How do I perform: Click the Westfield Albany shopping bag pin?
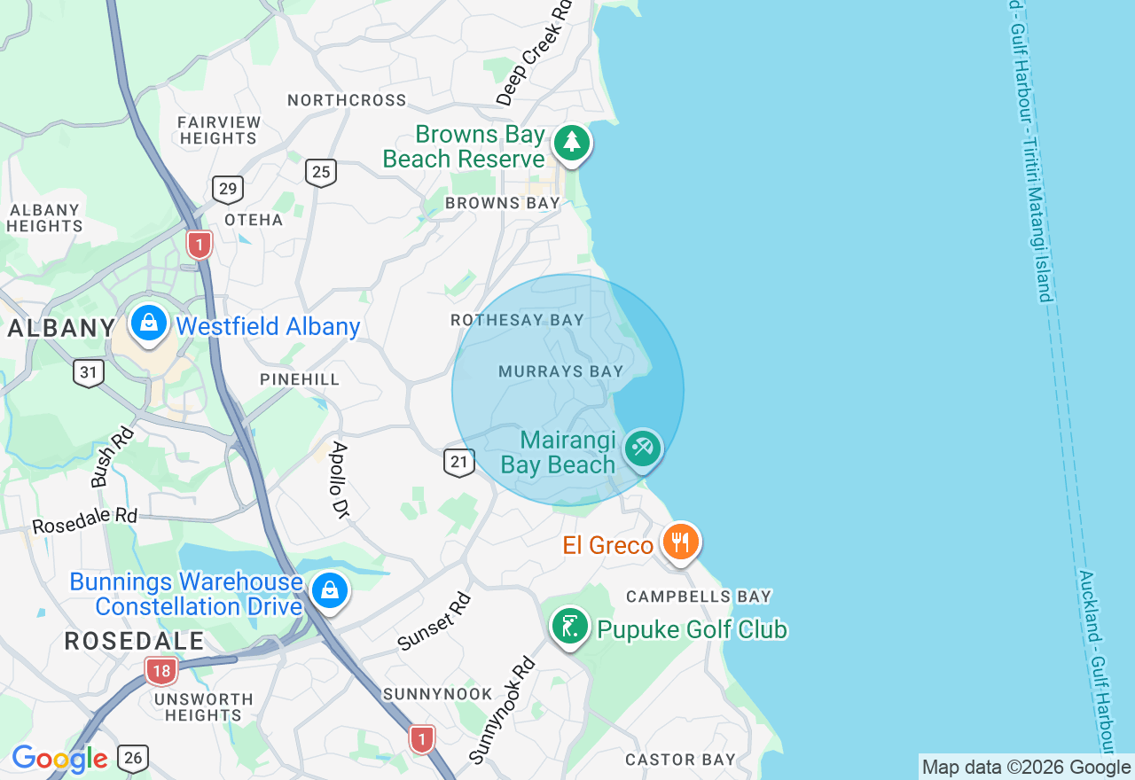pos(149,324)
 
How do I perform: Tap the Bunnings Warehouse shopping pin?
pos(329,589)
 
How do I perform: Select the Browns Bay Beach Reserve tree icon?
pos(572,143)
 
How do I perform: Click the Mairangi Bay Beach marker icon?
pos(643,448)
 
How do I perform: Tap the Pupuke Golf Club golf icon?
pos(570,627)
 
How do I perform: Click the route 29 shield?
pos(228,189)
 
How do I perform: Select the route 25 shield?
pos(321,172)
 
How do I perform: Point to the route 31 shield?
pos(89,372)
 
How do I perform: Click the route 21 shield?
pos(458,462)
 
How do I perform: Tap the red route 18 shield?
pos(160,671)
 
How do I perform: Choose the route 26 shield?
pos(133,758)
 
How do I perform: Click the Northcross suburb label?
pos(347,100)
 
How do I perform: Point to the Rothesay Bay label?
pos(517,320)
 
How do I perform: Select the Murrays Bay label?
pos(561,371)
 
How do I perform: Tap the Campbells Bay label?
pos(699,597)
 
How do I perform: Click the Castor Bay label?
pos(680,760)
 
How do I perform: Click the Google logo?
pos(59,759)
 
